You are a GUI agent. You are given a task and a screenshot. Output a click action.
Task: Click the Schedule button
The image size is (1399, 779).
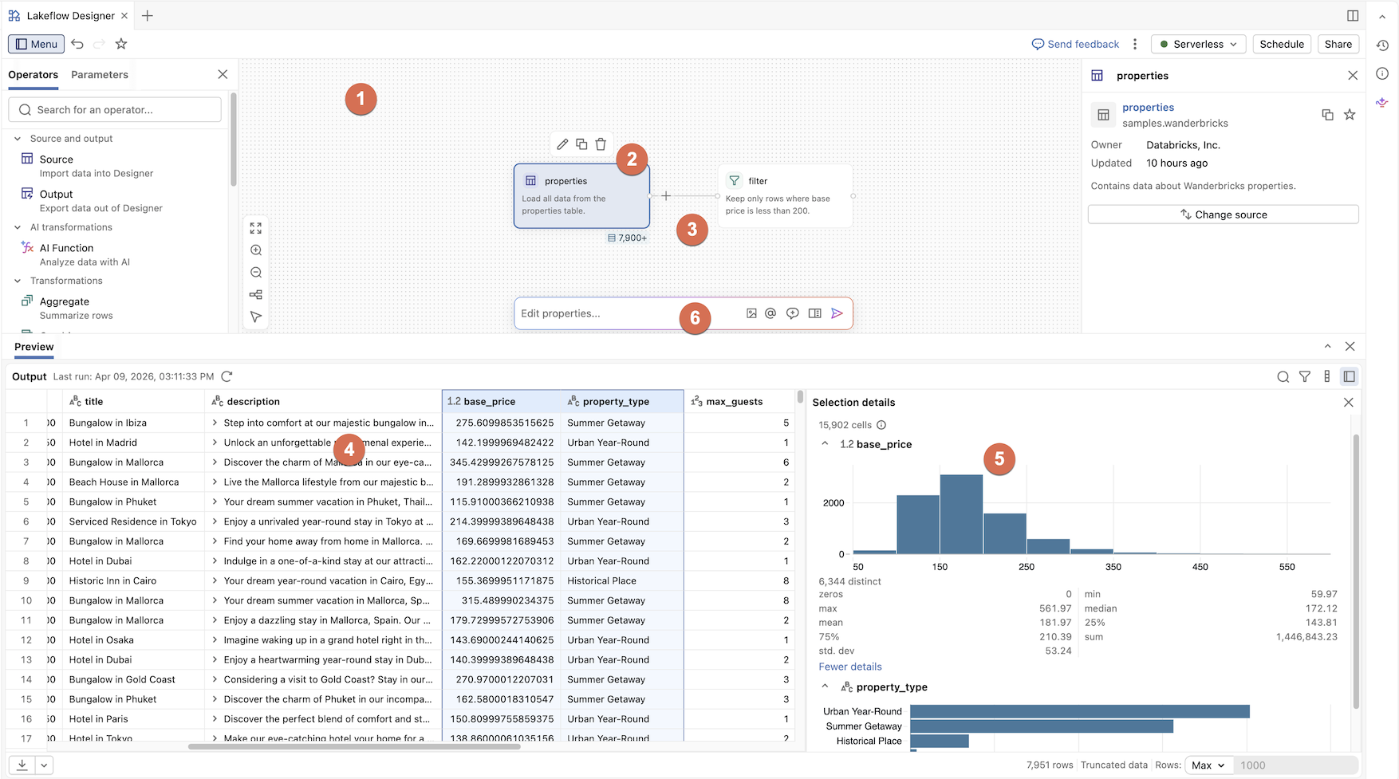point(1282,45)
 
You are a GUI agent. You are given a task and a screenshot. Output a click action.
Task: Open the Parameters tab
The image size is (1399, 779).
point(100,75)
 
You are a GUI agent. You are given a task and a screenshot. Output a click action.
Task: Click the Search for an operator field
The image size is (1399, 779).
point(116,110)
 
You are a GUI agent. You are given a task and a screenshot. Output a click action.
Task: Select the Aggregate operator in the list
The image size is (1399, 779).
point(65,302)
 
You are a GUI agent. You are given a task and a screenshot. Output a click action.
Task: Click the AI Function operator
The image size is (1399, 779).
point(66,249)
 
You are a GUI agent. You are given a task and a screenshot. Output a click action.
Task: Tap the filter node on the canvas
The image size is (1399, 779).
point(785,196)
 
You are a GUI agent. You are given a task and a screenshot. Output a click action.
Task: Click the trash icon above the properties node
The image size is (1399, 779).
point(601,144)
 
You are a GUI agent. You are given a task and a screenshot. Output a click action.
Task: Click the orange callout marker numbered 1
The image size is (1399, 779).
point(361,99)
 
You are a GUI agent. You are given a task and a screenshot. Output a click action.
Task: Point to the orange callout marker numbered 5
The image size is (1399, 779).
point(999,459)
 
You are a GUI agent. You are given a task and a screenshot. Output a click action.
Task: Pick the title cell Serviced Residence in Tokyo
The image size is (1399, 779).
point(133,521)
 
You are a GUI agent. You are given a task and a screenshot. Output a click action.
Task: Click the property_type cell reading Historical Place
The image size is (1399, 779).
point(602,581)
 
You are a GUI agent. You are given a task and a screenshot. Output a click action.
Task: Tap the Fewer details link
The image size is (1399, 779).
point(850,667)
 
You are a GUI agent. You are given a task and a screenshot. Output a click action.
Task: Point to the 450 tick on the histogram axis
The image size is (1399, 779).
point(1200,567)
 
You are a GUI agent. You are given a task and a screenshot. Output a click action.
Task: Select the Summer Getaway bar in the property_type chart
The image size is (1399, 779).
point(1041,726)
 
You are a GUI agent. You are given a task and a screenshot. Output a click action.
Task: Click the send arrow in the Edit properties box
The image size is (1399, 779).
point(837,313)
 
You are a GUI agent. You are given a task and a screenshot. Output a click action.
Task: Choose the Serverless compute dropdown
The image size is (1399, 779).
point(1198,45)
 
